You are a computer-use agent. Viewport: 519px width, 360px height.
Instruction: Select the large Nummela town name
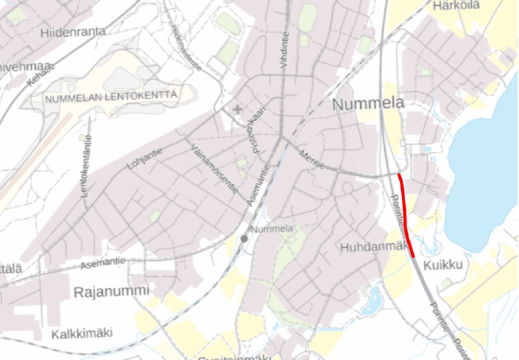pyautogui.click(x=368, y=104)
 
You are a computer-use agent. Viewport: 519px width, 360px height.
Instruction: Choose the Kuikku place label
pyautogui.click(x=444, y=265)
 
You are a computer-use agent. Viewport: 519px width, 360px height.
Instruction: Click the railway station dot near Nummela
pyautogui.click(x=243, y=238)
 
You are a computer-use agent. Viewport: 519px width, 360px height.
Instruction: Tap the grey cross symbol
pyautogui.click(x=237, y=109)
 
